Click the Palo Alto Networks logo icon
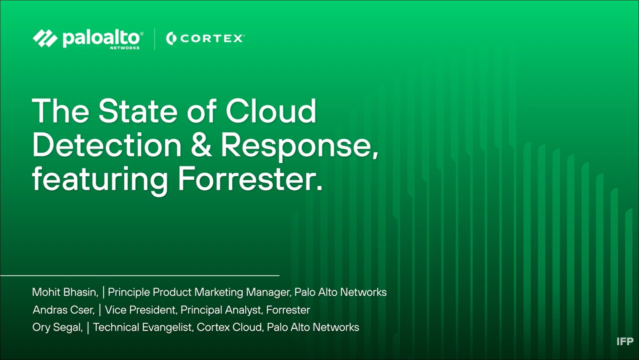point(45,38)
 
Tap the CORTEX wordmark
point(211,39)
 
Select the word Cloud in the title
point(271,111)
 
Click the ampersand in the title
point(201,145)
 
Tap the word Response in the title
point(300,147)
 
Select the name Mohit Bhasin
point(65,292)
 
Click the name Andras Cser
point(64,310)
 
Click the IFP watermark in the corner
point(625,341)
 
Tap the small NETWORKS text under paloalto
point(125,48)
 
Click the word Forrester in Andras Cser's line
point(288,310)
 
